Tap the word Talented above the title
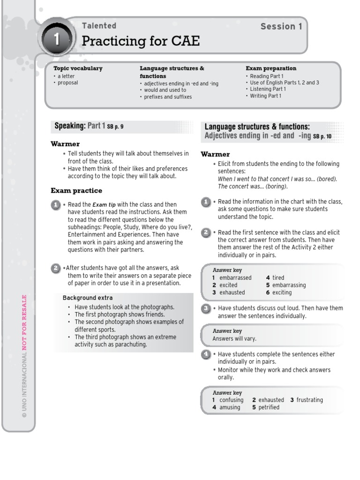point(99,26)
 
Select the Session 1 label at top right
point(281,27)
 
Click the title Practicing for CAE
point(141,42)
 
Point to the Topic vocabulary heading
point(78,68)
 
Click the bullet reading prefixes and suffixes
point(168,97)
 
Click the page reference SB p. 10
point(322,136)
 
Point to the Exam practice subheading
point(76,191)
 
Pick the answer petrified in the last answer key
point(269,407)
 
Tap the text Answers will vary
point(234,338)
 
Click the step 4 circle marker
point(205,354)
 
